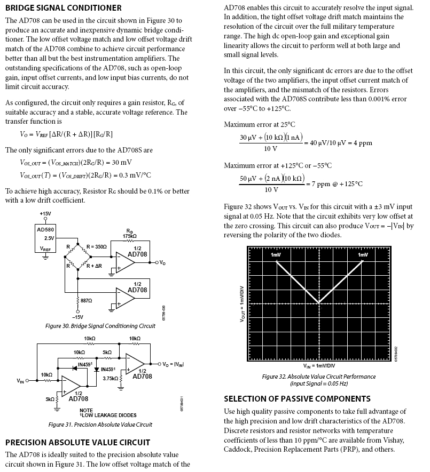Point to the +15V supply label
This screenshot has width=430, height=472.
[x=45, y=214]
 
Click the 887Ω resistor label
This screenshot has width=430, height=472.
[x=86, y=301]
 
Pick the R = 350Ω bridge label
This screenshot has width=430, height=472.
[x=97, y=247]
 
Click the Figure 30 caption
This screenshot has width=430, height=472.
[x=100, y=326]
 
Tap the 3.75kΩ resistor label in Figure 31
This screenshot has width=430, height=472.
[x=111, y=379]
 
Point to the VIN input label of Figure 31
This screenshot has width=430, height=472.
[x=21, y=381]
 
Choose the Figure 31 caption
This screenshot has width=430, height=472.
[x=100, y=425]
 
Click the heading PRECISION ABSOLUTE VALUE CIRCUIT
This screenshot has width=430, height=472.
[x=77, y=442]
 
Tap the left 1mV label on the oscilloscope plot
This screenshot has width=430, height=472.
[x=276, y=255]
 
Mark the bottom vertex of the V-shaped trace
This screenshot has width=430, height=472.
[x=319, y=303]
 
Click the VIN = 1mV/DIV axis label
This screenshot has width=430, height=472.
[x=319, y=366]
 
